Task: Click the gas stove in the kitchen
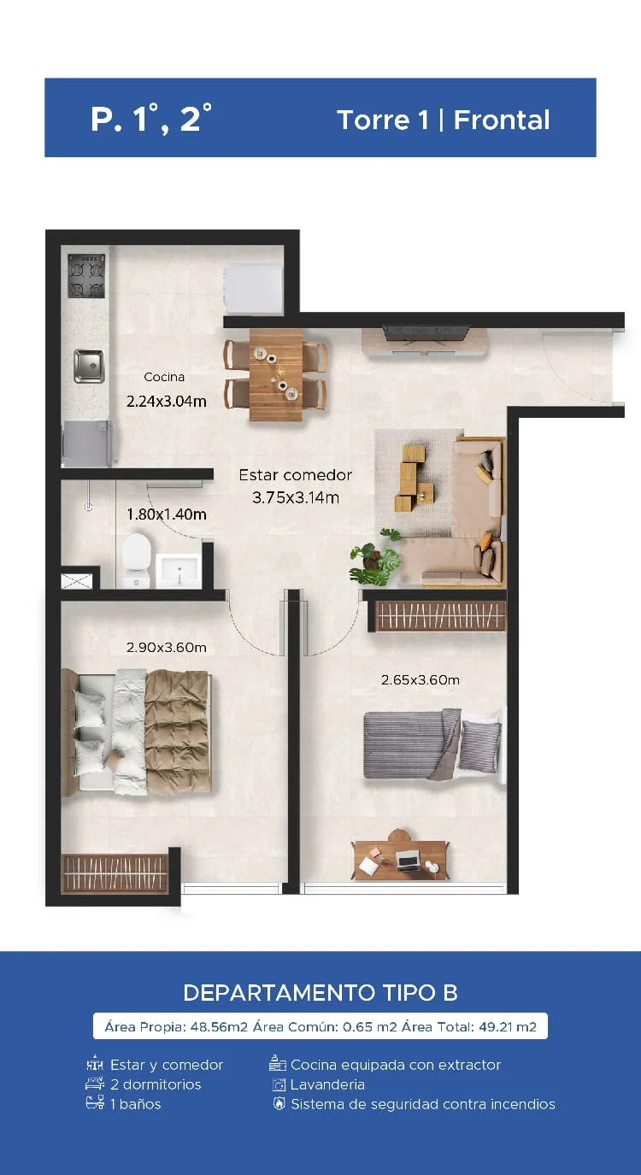coord(86,275)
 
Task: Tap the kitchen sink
coord(89,366)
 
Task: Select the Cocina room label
coord(164,377)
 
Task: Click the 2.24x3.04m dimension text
coord(167,402)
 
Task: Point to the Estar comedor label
coord(296,475)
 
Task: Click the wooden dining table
coord(276,374)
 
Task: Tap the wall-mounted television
coord(426,332)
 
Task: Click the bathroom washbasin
coord(179,570)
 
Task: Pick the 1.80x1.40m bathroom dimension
coord(167,514)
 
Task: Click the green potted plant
coord(375,558)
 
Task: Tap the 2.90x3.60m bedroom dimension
coord(167,647)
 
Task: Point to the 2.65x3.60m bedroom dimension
coord(420,680)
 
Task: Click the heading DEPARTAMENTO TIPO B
coord(320,992)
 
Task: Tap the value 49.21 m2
coord(507,1026)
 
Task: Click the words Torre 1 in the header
coord(383,120)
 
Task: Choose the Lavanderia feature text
coord(327,1084)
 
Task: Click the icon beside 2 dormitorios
coord(95,1084)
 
